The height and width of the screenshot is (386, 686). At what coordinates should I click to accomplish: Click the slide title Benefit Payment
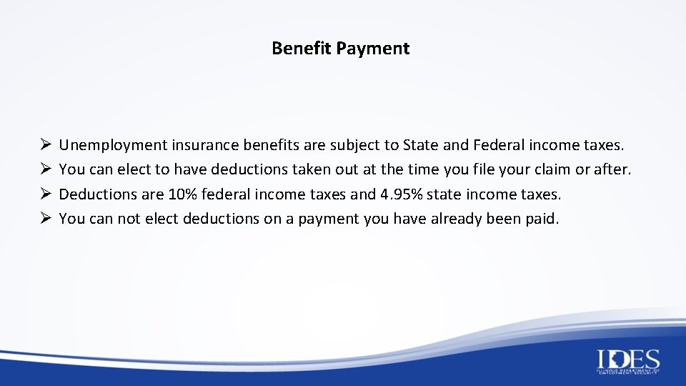coord(340,49)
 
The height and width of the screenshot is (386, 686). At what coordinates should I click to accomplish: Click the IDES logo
coord(628,361)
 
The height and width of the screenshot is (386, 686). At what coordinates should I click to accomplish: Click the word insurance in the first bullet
coord(204,146)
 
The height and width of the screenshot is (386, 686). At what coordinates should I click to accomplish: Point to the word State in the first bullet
coord(421,146)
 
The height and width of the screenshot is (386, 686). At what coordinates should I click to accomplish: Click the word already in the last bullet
coord(454,219)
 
